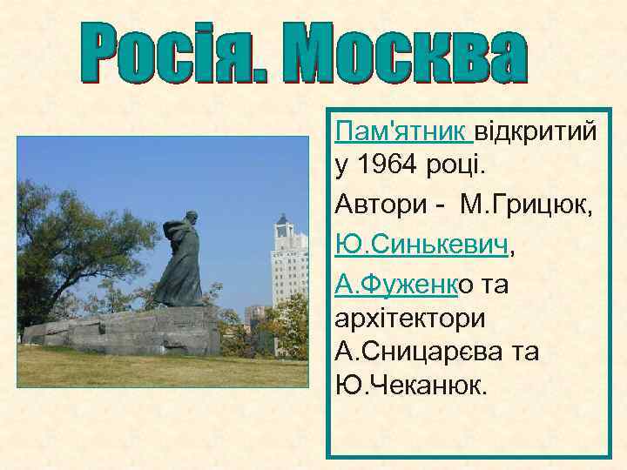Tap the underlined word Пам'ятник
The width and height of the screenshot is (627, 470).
[x=402, y=133]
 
